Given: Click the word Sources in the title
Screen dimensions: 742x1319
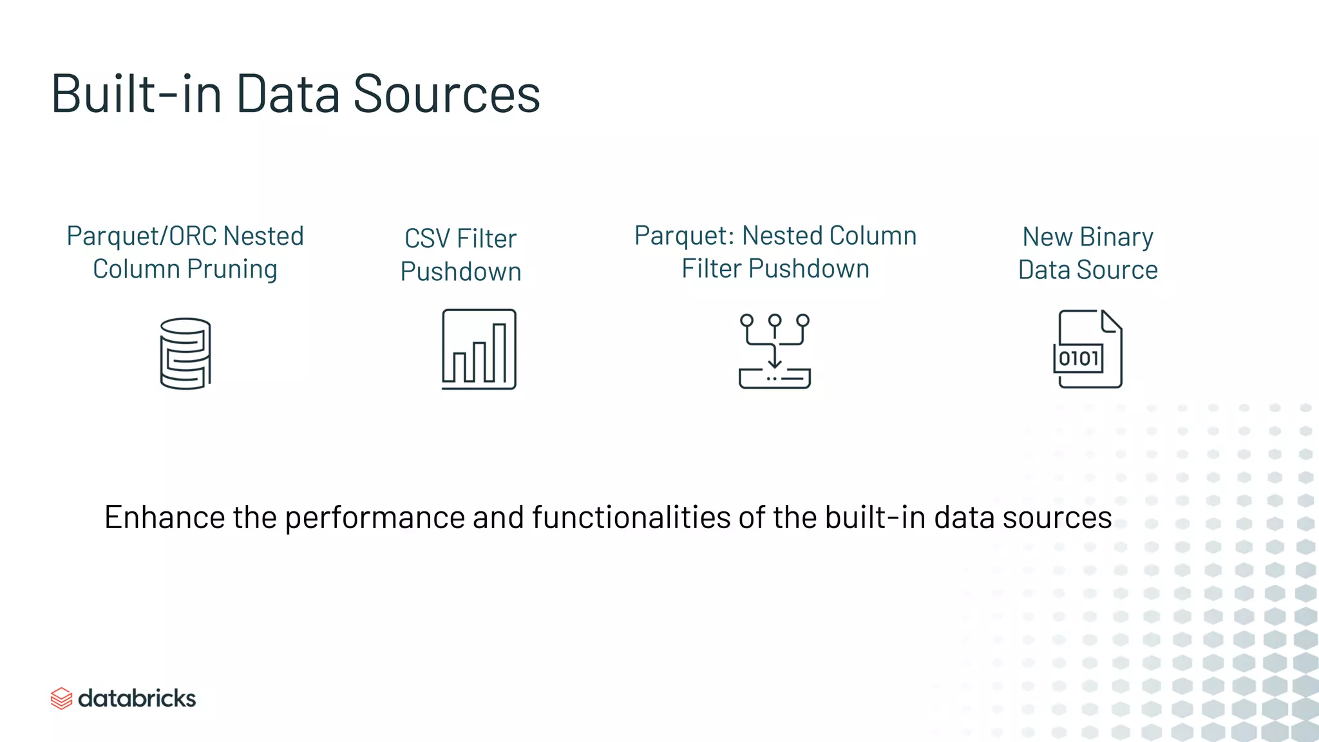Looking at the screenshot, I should [x=446, y=94].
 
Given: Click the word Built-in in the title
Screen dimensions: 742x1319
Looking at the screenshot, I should [x=136, y=94].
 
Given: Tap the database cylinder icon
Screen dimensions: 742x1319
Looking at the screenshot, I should [x=185, y=353].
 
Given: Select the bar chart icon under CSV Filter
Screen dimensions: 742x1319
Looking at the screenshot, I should [x=479, y=349].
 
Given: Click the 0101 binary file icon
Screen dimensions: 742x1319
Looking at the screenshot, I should [x=1088, y=349].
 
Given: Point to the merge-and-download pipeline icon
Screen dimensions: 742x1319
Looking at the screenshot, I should [x=774, y=351].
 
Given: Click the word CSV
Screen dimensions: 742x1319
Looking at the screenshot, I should [x=427, y=239].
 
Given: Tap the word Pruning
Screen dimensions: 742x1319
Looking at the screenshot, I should [x=232, y=269].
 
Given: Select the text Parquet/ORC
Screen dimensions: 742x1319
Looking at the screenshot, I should [x=141, y=236].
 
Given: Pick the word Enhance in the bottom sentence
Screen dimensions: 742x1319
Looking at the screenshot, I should [x=164, y=517].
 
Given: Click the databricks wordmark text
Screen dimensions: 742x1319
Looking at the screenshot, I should [x=137, y=698].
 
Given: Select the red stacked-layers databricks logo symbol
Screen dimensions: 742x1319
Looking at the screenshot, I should [x=61, y=698].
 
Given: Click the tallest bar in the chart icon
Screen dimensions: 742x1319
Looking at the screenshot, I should [x=500, y=352].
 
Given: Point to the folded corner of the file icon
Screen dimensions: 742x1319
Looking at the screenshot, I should [x=1111, y=321].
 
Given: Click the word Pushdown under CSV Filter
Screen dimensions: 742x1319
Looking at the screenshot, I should [x=460, y=272].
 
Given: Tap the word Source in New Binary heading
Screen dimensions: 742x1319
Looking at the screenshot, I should [x=1117, y=270].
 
